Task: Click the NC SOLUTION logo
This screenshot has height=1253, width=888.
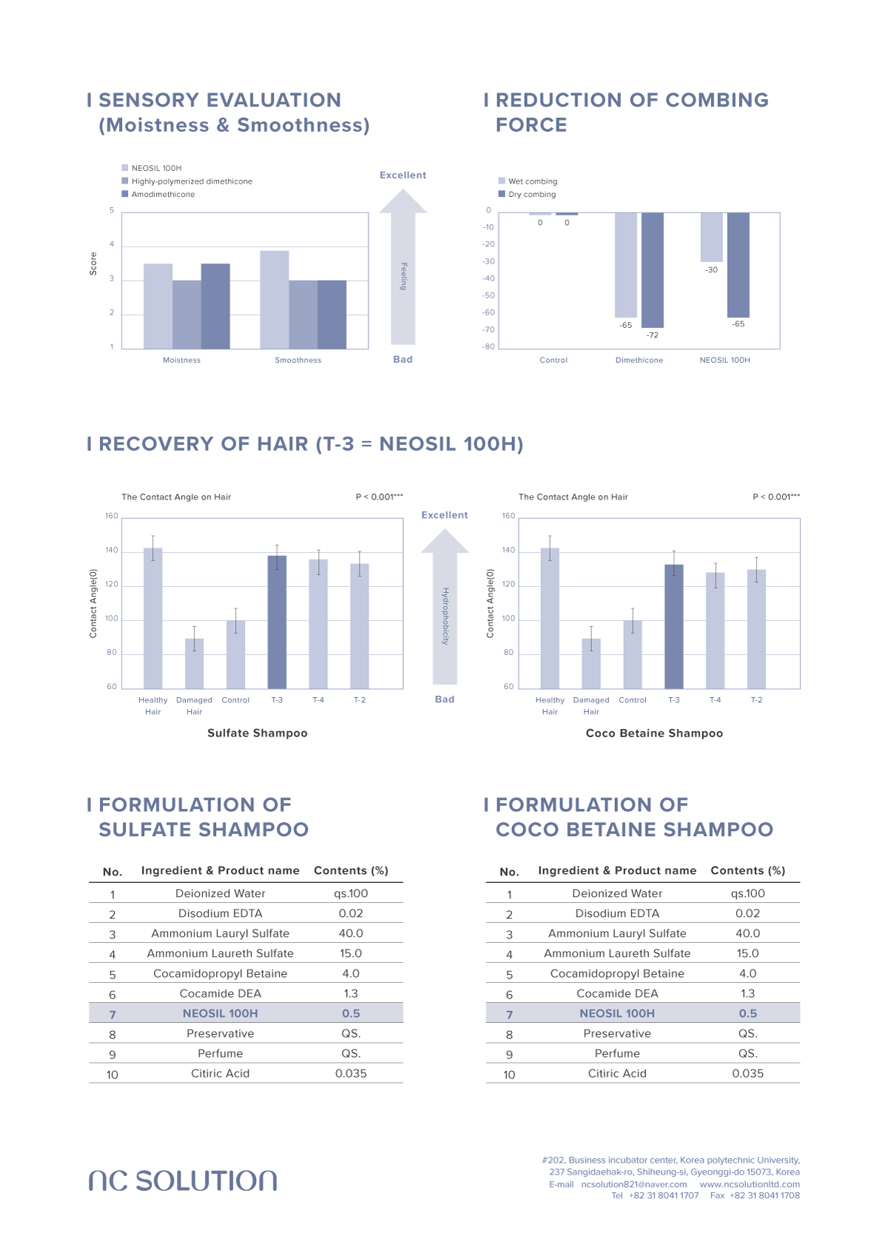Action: tap(183, 1180)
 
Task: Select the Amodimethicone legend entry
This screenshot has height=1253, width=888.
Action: tap(162, 195)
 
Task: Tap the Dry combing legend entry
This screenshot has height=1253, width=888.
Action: tap(531, 195)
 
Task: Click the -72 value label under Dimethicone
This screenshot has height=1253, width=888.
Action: tap(652, 335)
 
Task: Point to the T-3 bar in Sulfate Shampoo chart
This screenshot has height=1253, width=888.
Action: tap(277, 622)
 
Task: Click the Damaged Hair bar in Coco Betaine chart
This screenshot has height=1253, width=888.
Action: tap(591, 663)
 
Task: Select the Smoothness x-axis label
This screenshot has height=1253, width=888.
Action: tap(298, 360)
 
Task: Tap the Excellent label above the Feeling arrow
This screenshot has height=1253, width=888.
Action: tap(403, 175)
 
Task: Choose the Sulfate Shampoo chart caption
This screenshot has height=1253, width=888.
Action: tap(258, 733)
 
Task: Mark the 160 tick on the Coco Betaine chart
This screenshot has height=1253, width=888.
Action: tap(508, 516)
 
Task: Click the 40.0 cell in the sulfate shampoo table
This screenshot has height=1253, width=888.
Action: tap(351, 933)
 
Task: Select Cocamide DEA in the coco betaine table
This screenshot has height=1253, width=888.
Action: tap(617, 993)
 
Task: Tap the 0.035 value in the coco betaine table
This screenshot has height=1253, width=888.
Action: tap(747, 1073)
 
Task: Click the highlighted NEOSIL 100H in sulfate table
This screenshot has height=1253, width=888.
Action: tap(220, 1013)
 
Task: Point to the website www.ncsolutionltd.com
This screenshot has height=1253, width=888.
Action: tap(749, 1184)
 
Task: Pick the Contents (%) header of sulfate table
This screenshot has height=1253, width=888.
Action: tap(351, 870)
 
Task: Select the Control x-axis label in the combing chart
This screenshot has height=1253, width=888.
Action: tap(554, 360)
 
